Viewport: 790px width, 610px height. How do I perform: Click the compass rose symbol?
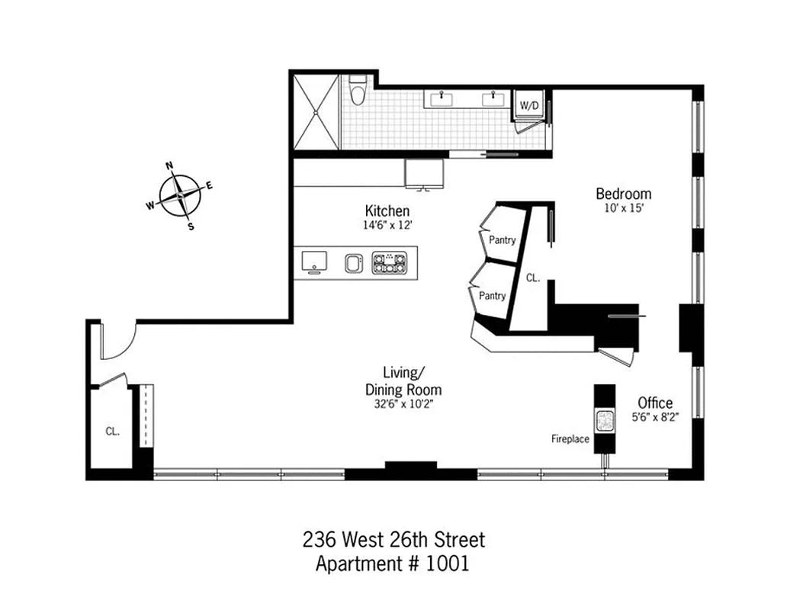tap(180, 195)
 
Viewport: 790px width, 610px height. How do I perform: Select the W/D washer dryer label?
tap(528, 104)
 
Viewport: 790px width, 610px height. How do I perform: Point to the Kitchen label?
tap(387, 211)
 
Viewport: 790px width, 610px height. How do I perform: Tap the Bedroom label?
tap(623, 194)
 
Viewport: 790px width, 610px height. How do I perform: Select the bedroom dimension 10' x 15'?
tap(623, 207)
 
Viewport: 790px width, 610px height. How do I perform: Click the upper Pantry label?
tap(502, 240)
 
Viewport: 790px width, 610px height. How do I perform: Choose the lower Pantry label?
tap(492, 296)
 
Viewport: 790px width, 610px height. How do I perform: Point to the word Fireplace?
tap(570, 439)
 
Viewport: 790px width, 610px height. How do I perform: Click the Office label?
tap(655, 403)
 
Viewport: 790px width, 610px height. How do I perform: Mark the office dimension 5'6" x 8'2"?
tap(655, 417)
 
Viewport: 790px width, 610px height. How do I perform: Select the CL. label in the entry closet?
tap(112, 431)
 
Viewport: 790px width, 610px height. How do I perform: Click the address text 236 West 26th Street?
tap(393, 541)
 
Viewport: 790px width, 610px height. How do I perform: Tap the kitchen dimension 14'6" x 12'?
tap(387, 226)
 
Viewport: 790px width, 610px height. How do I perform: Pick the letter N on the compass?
tap(170, 165)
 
